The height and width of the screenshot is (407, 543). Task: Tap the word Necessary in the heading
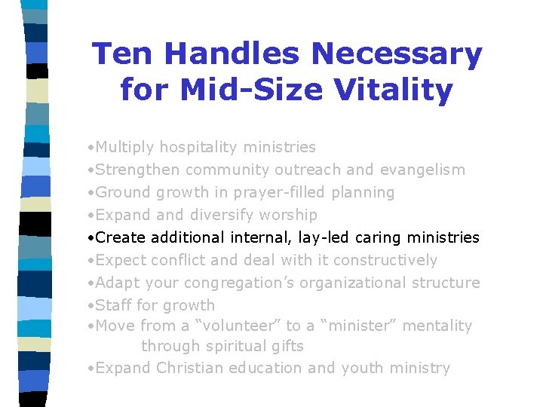click(397, 54)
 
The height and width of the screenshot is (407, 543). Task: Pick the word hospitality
click(202, 148)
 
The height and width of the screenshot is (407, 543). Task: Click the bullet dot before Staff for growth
click(90, 306)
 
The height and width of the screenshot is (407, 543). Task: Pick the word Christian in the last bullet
click(194, 369)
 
